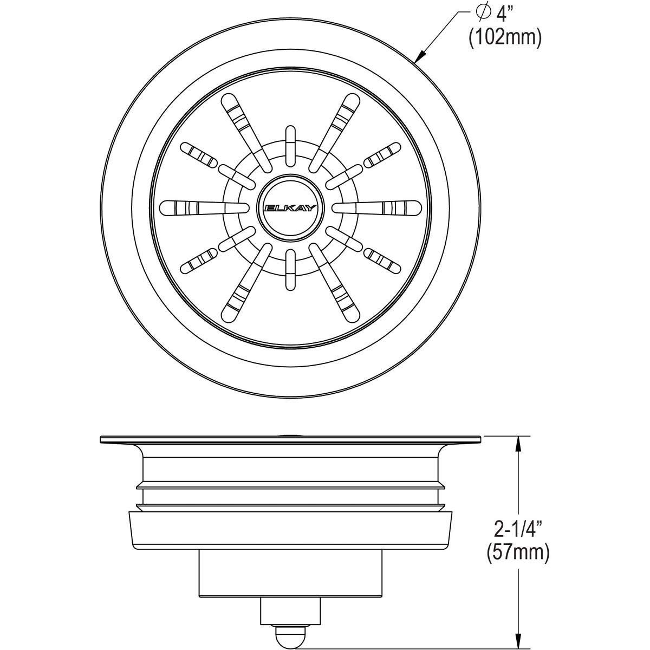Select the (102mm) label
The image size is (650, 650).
tap(505, 38)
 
